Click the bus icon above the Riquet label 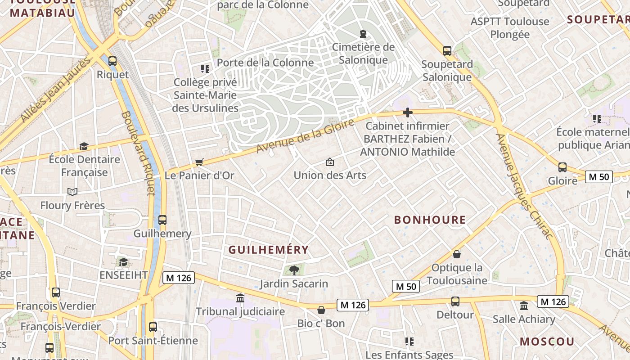click(112, 61)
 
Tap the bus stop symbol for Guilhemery click(162, 220)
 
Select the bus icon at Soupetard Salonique click(447, 50)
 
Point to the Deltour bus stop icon click(455, 301)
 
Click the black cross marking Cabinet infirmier click(408, 112)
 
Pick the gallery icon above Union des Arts click(330, 162)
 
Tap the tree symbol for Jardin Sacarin click(294, 270)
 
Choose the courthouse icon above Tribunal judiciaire click(240, 298)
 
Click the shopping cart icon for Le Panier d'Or click(199, 162)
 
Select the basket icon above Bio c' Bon click(321, 310)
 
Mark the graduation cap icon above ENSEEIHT click(123, 262)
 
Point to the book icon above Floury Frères click(72, 192)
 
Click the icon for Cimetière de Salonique click(363, 33)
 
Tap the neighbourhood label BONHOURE click(430, 220)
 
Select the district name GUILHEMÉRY click(269, 250)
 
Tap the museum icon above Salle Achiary click(524, 306)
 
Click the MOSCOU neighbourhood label click(547, 341)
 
